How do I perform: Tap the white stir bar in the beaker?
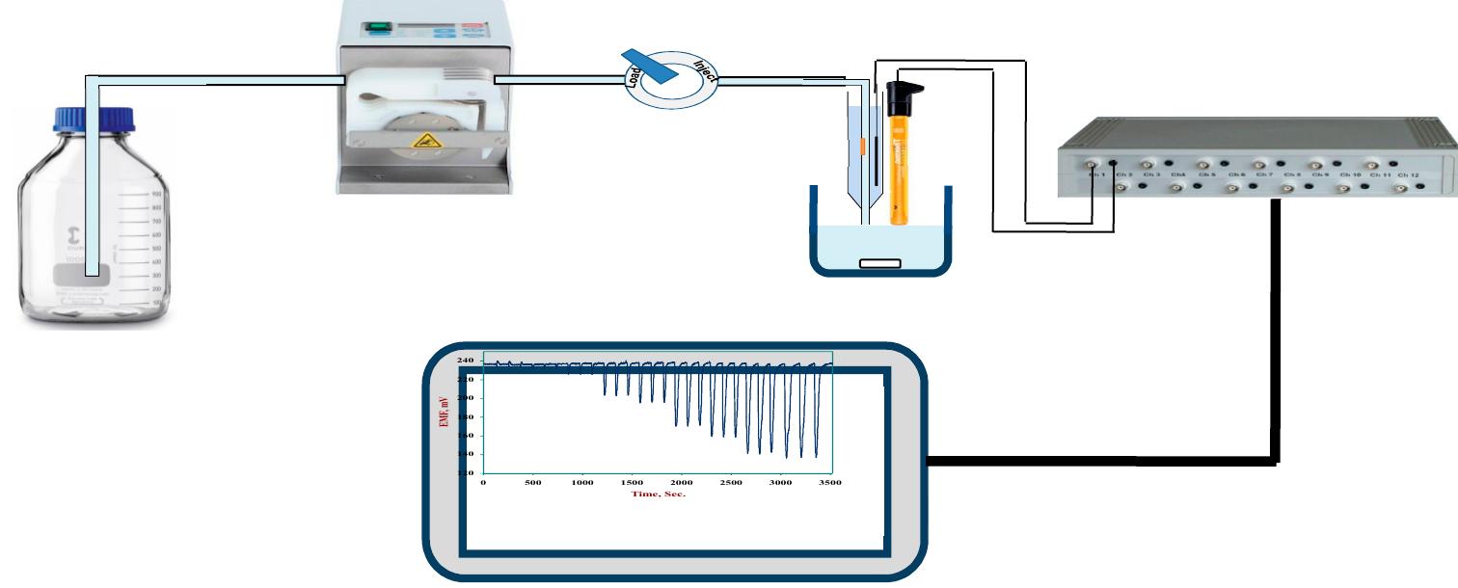point(880,262)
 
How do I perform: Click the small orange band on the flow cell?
point(862,146)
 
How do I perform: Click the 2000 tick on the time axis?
point(682,482)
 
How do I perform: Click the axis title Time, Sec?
point(658,494)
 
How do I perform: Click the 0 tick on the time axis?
point(483,482)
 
